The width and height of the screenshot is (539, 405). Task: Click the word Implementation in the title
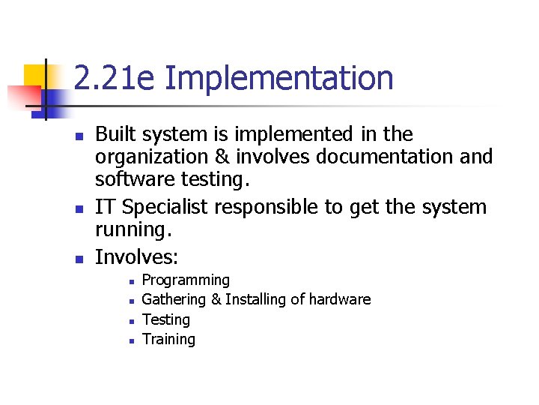278,79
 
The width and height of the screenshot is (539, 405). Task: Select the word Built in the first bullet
116,134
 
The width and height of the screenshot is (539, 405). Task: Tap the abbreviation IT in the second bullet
105,207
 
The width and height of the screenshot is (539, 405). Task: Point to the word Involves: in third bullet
137,257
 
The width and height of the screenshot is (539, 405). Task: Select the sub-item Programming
186,280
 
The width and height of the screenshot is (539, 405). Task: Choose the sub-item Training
168,340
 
